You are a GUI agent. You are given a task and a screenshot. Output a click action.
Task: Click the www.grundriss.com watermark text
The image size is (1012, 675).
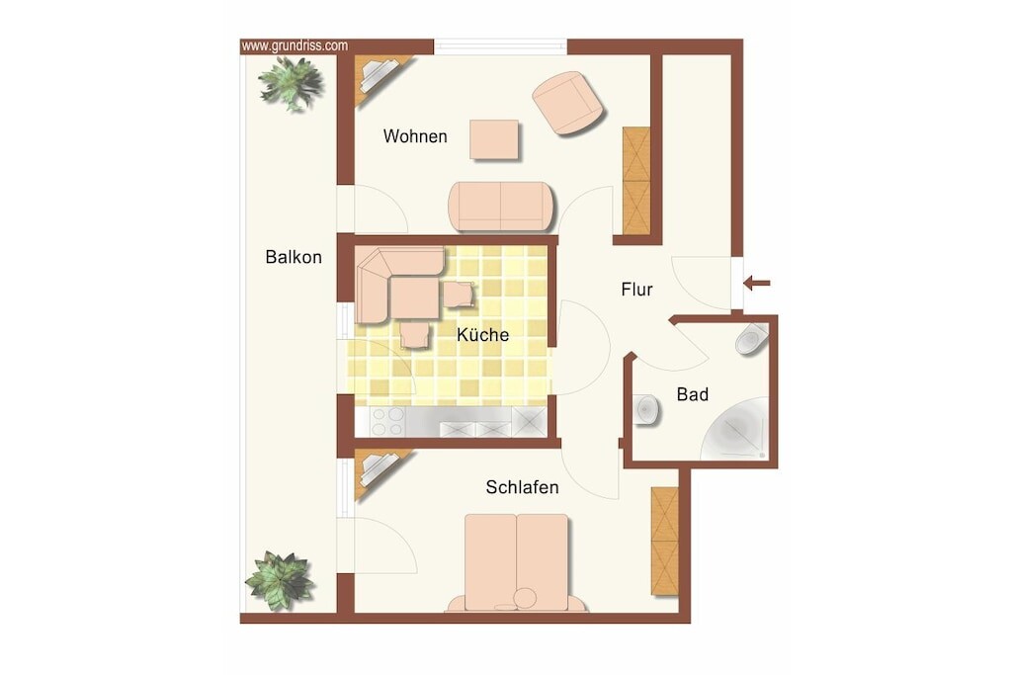click(x=295, y=45)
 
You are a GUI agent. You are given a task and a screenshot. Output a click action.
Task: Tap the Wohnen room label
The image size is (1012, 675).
click(x=415, y=136)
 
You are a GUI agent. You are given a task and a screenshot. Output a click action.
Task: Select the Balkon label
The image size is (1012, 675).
click(x=294, y=257)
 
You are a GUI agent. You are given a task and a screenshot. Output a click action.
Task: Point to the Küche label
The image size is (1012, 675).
click(x=482, y=334)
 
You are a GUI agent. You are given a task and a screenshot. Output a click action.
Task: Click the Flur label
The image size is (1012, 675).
click(x=637, y=290)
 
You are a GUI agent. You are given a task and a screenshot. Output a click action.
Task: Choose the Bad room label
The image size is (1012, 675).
click(x=693, y=393)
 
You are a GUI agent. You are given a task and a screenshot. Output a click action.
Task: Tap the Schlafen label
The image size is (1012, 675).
click(x=522, y=486)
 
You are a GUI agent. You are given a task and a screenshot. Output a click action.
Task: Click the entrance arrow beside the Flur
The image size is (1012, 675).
click(x=756, y=283)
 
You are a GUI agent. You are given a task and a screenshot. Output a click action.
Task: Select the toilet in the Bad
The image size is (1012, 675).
click(x=752, y=339)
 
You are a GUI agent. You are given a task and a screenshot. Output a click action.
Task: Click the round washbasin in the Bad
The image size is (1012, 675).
click(x=646, y=409)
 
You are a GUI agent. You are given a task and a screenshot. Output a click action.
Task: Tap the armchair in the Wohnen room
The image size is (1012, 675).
click(x=568, y=103)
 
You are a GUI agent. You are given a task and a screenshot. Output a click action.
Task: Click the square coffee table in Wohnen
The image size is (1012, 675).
click(x=494, y=139)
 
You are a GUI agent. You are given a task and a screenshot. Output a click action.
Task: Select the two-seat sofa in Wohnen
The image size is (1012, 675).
click(x=501, y=207)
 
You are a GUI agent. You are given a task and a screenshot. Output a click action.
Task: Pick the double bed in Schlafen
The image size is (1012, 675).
click(x=516, y=562)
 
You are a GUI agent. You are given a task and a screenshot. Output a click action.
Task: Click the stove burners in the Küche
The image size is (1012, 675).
click(x=387, y=422)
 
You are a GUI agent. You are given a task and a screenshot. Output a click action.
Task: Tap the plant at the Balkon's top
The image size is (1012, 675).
click(x=291, y=83)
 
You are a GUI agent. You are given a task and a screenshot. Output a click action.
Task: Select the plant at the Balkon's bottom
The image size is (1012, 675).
click(x=280, y=580)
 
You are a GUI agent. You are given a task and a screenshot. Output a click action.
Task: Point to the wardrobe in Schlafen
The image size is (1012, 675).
click(x=665, y=541)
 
